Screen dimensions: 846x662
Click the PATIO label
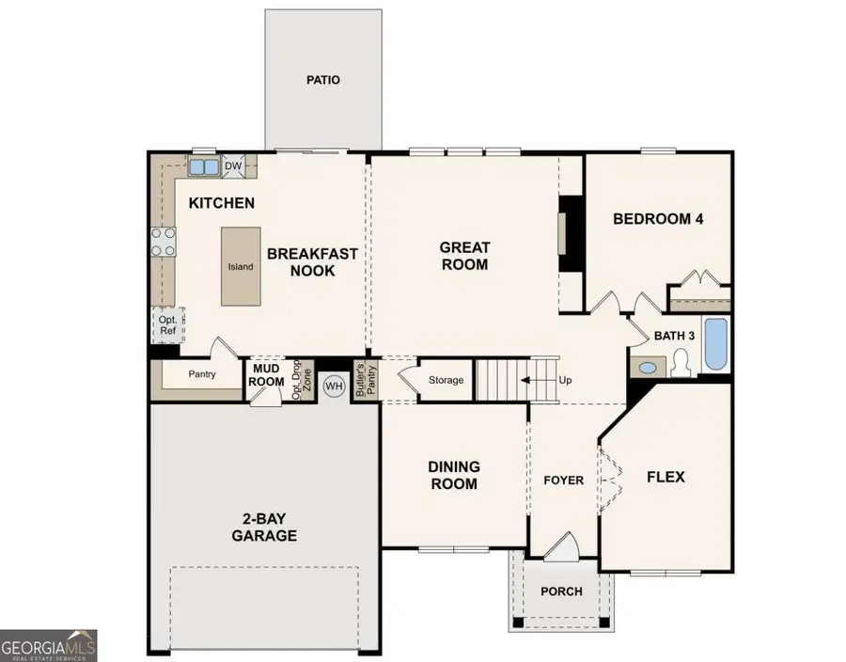(323, 80)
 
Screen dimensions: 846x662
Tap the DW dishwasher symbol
(233, 166)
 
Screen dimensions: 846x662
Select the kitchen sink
(203, 166)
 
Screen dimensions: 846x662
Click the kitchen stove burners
(163, 242)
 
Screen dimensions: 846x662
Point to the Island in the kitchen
(241, 266)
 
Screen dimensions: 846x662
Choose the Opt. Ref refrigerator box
(168, 325)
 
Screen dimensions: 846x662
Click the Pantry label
(202, 374)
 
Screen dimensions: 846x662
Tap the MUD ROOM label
(265, 375)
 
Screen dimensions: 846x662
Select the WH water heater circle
(334, 386)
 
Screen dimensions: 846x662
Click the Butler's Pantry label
(366, 380)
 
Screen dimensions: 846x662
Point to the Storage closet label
(446, 380)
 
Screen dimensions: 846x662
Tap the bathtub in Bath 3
(716, 344)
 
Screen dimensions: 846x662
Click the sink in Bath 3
(648, 368)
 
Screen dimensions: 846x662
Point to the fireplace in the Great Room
(571, 233)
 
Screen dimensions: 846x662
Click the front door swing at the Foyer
(563, 547)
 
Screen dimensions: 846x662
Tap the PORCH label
(562, 591)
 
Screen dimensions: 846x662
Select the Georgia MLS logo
(49, 646)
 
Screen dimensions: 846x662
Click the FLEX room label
(666, 477)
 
